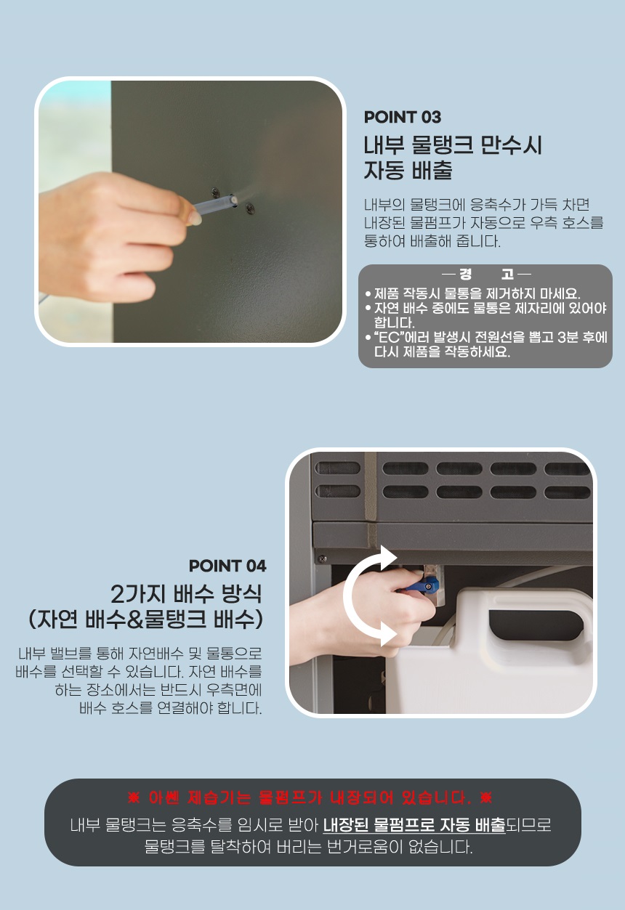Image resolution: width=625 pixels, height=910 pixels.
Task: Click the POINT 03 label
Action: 402,118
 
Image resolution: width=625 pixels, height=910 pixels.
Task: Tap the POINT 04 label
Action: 227,566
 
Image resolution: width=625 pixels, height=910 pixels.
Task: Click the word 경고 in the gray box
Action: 486,275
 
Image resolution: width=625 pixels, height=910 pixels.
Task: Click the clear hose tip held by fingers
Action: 232,200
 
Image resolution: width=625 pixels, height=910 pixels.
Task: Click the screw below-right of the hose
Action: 250,208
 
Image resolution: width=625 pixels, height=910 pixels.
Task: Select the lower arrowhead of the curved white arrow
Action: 387,635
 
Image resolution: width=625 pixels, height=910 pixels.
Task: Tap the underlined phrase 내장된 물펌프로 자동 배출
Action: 414,825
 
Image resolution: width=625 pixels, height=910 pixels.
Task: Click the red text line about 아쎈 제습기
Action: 310,798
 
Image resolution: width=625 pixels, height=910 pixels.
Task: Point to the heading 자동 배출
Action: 408,170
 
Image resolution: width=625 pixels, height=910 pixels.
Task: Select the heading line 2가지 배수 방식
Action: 186,594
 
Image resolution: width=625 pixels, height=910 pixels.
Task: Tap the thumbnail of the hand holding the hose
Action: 190,211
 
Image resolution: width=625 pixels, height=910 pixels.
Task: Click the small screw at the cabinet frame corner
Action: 323,558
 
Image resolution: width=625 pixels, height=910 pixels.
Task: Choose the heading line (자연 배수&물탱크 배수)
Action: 145,620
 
